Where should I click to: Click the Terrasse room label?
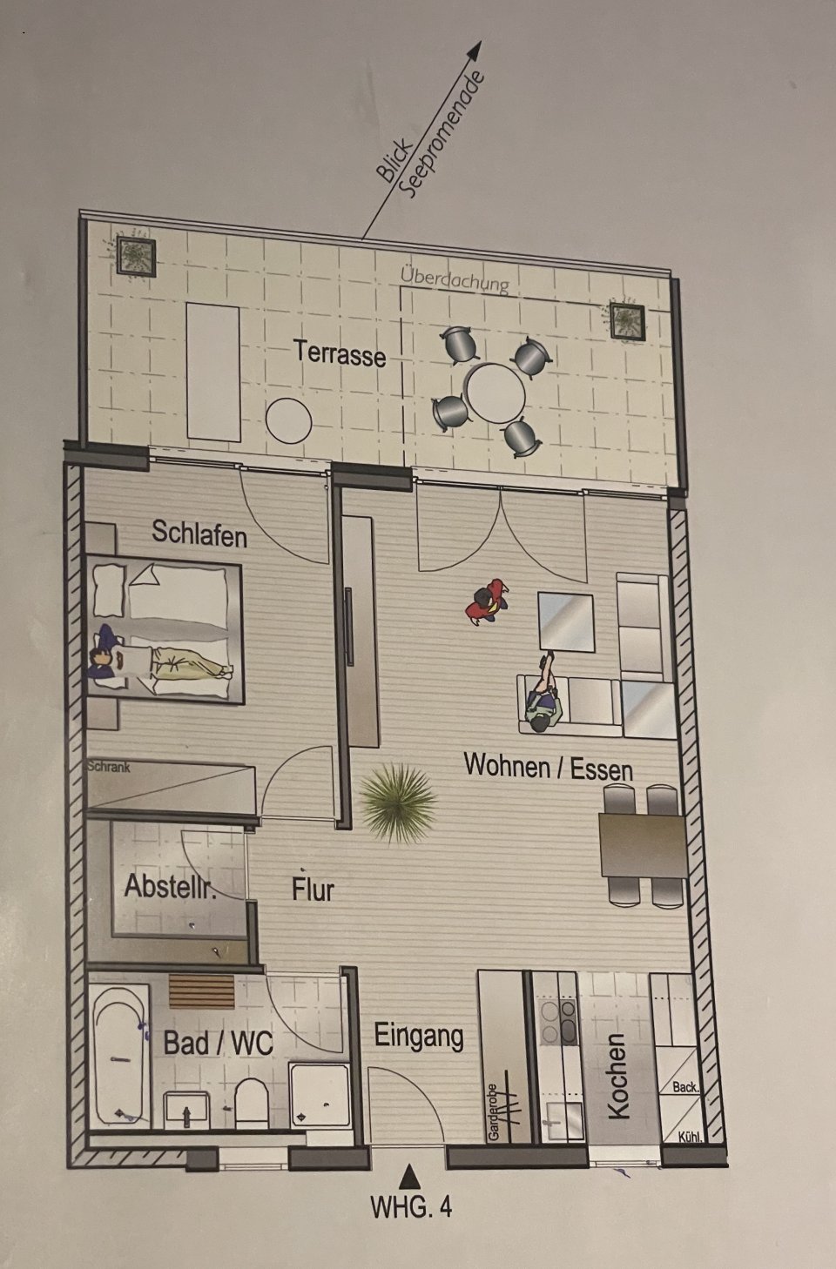340,353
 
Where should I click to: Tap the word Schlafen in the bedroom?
199,534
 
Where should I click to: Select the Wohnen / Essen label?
548,768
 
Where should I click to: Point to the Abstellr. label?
171,886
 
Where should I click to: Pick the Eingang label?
419,1036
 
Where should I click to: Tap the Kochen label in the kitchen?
617,1076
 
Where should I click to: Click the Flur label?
313,889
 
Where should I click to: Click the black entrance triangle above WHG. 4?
409,1176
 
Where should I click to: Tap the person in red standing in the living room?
486,601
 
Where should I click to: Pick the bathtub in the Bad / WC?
120,1054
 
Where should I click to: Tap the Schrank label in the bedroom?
108,767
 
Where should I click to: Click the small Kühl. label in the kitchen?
691,1136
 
